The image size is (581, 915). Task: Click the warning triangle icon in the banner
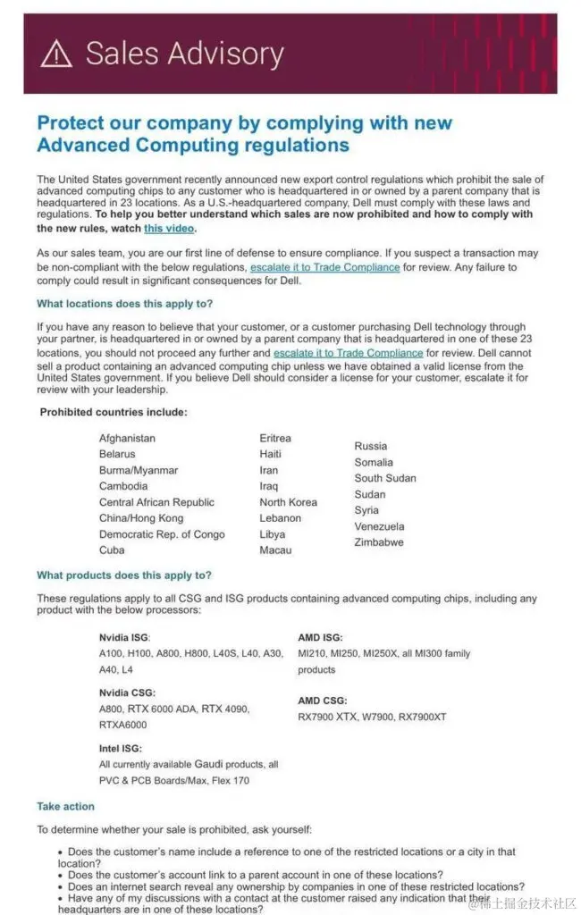coord(57,55)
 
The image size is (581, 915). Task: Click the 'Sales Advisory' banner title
coord(185,55)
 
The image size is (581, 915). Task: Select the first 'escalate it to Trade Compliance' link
coord(324,267)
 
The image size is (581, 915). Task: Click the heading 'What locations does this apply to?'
coord(124,304)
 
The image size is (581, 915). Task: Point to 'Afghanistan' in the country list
coord(127,439)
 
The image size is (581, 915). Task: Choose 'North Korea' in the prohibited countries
coord(288,502)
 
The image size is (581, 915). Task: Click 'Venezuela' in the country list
coord(379,526)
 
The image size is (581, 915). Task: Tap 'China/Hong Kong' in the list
coord(141,518)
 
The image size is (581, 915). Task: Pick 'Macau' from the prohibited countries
coord(275,550)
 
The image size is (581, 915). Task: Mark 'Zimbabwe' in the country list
coord(379,542)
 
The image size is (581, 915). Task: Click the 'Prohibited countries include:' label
coord(114,412)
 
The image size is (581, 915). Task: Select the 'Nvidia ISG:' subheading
coord(125,637)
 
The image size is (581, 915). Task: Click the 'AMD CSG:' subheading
coord(323,701)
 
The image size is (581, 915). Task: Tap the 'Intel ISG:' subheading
coord(121,748)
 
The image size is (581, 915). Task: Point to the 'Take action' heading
coord(65,807)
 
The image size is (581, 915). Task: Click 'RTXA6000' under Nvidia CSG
coord(122,725)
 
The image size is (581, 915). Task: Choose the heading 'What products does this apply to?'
coord(124,575)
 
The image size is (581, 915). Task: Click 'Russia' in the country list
coord(371,446)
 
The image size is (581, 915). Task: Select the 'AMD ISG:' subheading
coord(320,637)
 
